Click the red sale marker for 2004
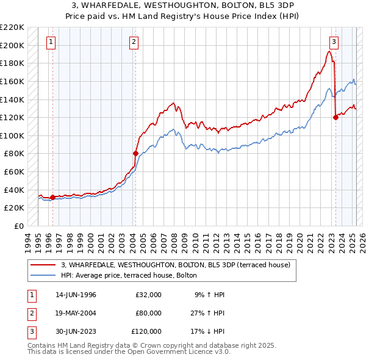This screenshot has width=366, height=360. click(135, 153)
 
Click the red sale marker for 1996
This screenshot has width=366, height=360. click(52, 196)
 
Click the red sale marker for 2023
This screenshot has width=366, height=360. click(335, 117)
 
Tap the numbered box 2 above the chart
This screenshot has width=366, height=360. click(133, 42)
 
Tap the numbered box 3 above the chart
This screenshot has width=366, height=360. click(334, 42)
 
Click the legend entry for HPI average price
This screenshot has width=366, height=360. click(129, 275)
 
